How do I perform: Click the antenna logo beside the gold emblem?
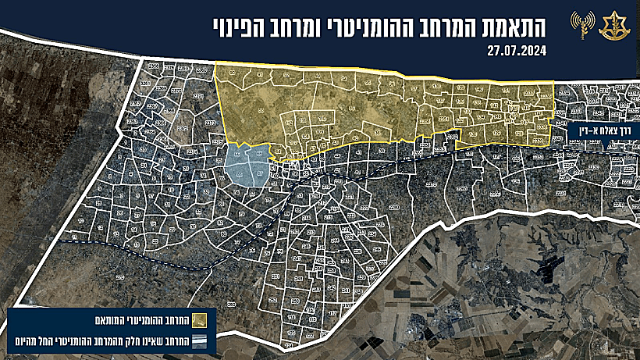click(x=581, y=25)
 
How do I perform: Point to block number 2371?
click(x=198, y=97)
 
